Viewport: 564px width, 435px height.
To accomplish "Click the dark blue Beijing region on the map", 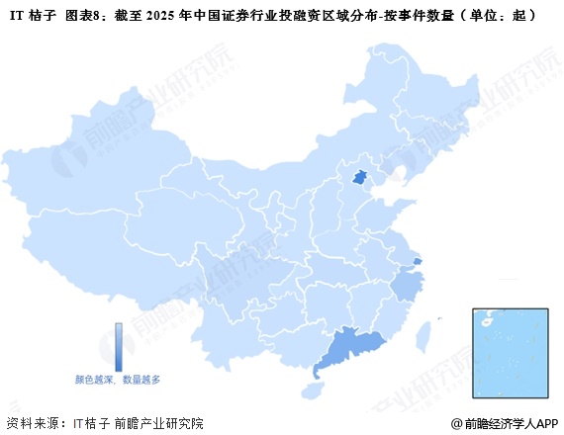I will (x=362, y=178).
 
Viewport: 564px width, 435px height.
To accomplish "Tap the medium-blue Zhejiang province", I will (x=405, y=288).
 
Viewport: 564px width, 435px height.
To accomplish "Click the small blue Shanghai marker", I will (x=418, y=261).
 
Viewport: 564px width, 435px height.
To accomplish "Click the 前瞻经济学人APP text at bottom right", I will (x=512, y=423).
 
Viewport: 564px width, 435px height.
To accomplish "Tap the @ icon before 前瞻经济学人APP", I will (x=456, y=423).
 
